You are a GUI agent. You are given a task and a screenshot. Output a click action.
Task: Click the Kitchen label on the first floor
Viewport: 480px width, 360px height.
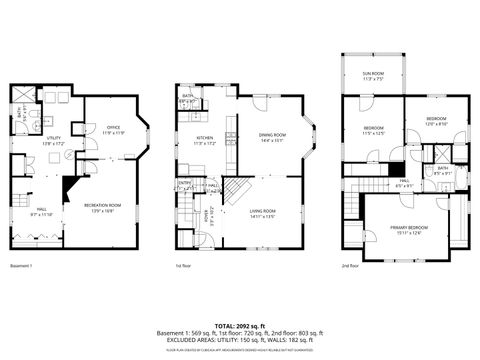click(x=204, y=141)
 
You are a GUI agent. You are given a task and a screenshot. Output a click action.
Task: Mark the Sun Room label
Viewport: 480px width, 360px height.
click(x=373, y=76)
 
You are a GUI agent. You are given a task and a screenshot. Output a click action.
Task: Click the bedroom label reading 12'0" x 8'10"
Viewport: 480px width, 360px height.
click(x=436, y=121)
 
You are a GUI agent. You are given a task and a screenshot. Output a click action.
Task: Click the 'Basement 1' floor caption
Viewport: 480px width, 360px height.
click(x=22, y=266)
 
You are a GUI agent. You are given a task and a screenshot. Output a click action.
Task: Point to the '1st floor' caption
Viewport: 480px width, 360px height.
click(x=183, y=266)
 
